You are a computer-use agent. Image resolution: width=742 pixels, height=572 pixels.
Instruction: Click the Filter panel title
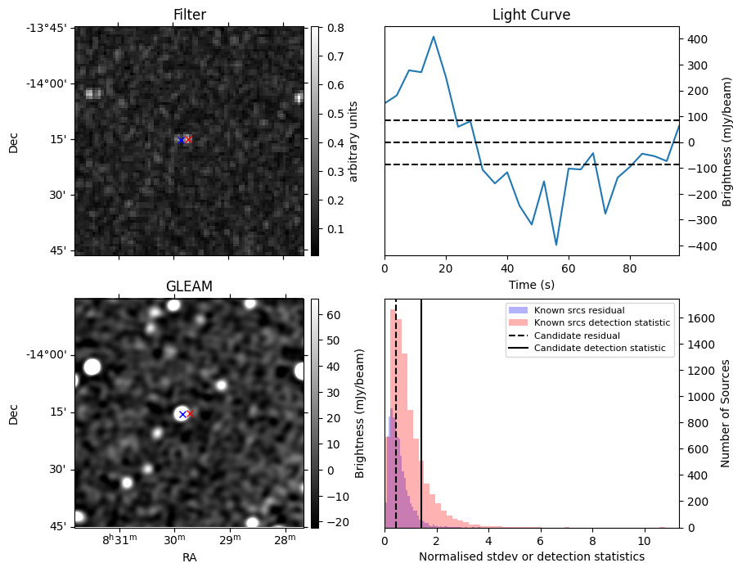(190, 15)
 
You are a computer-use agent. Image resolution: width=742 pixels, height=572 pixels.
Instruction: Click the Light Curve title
(531, 15)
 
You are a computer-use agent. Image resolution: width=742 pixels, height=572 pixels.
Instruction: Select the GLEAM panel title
(190, 286)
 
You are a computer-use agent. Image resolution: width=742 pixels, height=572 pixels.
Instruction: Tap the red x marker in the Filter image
(188, 140)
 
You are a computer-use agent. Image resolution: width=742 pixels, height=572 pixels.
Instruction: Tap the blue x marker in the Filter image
(181, 141)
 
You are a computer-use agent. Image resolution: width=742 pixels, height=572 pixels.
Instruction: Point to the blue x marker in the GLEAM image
(182, 414)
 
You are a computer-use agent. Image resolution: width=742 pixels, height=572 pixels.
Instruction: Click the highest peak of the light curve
(434, 37)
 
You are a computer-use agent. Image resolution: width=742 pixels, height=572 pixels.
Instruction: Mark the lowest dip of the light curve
(556, 245)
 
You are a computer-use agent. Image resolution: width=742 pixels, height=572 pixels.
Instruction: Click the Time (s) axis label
(531, 282)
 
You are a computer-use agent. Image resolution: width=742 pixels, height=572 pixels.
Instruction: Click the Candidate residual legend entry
(577, 336)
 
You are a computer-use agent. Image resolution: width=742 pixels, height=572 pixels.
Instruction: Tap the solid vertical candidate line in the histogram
(421, 426)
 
